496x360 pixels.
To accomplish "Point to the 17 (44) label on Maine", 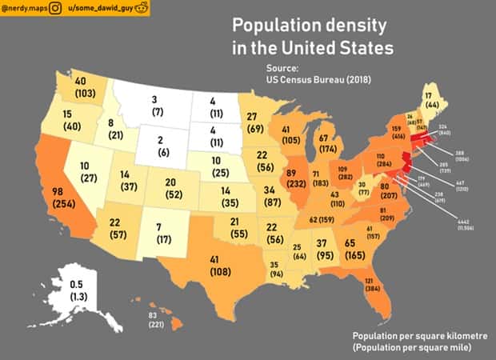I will [431, 99].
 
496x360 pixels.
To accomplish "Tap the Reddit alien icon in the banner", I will [142, 9].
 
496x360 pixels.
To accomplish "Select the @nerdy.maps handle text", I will [23, 9].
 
